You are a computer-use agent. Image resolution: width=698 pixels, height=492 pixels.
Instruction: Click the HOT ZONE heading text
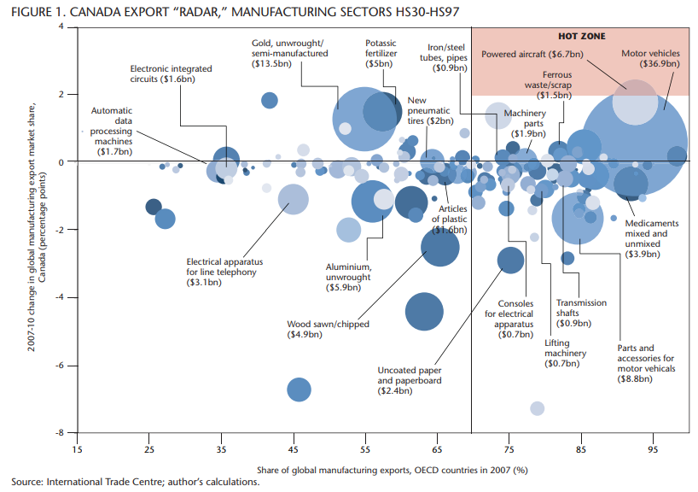click(581, 37)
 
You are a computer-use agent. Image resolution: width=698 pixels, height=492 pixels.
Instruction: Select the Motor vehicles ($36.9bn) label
click(650, 58)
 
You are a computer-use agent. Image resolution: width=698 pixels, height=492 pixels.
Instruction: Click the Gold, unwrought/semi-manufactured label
click(288, 52)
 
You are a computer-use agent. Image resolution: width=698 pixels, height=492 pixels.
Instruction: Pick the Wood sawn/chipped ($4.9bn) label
click(316, 330)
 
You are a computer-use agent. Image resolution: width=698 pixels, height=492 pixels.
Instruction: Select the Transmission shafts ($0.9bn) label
click(581, 313)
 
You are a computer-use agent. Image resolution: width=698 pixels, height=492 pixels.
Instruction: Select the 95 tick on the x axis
click(653, 449)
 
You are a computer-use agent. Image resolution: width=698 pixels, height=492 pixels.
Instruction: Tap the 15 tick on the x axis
click(78, 449)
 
